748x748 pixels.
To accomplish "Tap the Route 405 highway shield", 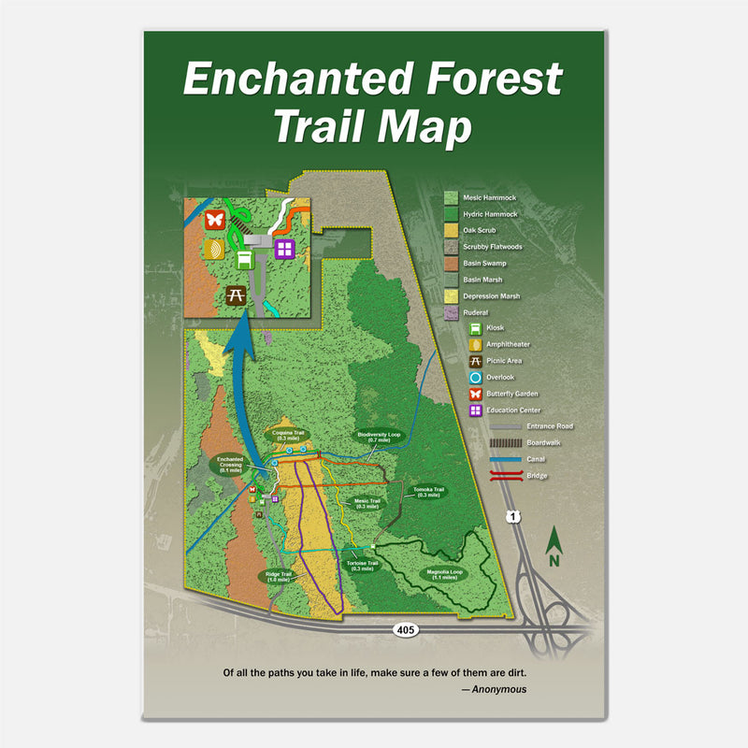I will (x=405, y=630).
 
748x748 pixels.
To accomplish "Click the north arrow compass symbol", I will (x=554, y=547).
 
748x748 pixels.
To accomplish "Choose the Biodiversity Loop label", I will (x=378, y=438).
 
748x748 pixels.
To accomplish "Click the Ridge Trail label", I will (x=278, y=576).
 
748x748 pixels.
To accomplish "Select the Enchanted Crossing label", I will (x=230, y=465).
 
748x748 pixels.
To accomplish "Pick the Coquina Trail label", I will (x=288, y=436).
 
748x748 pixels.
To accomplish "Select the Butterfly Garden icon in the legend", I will (x=477, y=394).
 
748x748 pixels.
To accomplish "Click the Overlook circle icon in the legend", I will (x=477, y=377).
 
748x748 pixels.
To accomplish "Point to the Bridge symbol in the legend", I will (x=506, y=476).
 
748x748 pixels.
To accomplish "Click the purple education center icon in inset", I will (x=284, y=249).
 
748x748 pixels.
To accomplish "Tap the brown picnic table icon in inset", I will (x=236, y=295).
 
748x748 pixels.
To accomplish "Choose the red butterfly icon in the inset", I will (x=214, y=221).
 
